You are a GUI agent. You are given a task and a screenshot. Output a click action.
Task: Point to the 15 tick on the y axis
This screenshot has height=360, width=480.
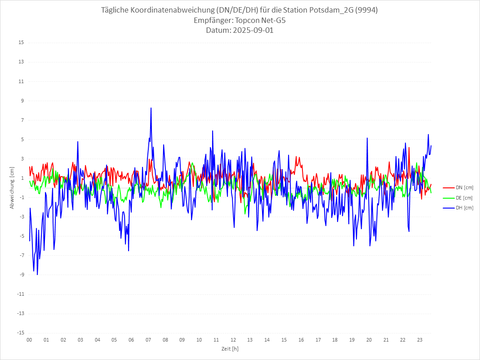point(21,43)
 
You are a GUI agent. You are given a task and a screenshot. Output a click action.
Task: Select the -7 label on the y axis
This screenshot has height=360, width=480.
point(21,255)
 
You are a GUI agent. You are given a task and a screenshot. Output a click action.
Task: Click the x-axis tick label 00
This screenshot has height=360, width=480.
point(29,340)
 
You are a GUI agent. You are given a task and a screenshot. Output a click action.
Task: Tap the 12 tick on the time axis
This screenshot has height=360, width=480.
point(233,340)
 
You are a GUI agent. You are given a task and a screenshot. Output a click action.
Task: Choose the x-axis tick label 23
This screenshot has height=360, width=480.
point(420,340)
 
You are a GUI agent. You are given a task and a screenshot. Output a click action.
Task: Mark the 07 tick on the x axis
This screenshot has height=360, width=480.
point(148,340)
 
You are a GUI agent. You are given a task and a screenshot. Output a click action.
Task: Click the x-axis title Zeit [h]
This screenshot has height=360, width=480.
point(230,349)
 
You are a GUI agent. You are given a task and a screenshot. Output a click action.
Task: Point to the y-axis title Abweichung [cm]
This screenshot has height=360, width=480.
point(12,187)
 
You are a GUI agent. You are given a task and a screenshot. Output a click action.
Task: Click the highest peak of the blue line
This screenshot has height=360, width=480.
point(151,108)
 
